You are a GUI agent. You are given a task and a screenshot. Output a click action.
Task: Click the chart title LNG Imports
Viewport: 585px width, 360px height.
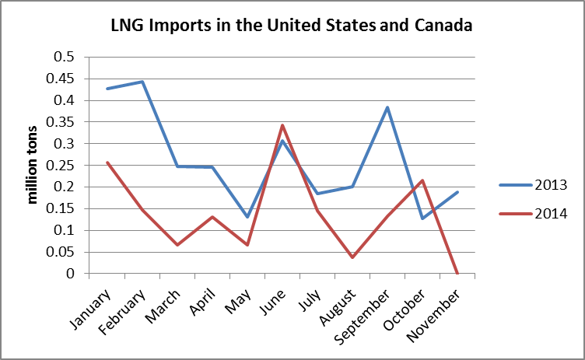pyautogui.click(x=290, y=26)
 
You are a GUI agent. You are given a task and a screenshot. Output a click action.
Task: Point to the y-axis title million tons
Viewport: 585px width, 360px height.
pyautogui.click(x=33, y=164)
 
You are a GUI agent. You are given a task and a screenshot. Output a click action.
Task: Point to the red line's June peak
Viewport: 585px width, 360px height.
pyautogui.click(x=282, y=125)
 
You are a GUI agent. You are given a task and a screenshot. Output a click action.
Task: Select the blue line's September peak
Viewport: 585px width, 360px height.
pyautogui.click(x=387, y=107)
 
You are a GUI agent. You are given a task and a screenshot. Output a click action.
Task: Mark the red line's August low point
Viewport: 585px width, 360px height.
pyautogui.click(x=352, y=257)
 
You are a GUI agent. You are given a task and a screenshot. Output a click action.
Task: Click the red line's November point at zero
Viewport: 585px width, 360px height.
pyautogui.click(x=457, y=274)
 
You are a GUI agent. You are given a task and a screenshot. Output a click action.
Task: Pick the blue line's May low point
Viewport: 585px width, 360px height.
pyautogui.click(x=247, y=217)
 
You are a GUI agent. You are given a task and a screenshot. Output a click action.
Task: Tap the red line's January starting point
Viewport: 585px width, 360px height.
pyautogui.click(x=107, y=163)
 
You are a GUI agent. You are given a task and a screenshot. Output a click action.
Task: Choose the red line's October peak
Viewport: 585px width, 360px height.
pyautogui.click(x=422, y=180)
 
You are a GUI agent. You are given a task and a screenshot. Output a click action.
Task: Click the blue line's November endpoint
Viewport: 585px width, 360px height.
pyautogui.click(x=457, y=192)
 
